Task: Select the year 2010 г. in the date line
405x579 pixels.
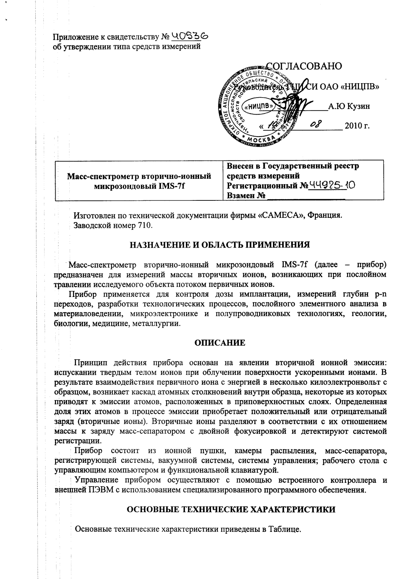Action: point(357,126)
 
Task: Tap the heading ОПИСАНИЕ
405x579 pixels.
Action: point(220,343)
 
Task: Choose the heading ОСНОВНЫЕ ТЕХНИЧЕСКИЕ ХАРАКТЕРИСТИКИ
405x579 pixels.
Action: point(231,510)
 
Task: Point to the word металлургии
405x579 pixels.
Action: point(156,324)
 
